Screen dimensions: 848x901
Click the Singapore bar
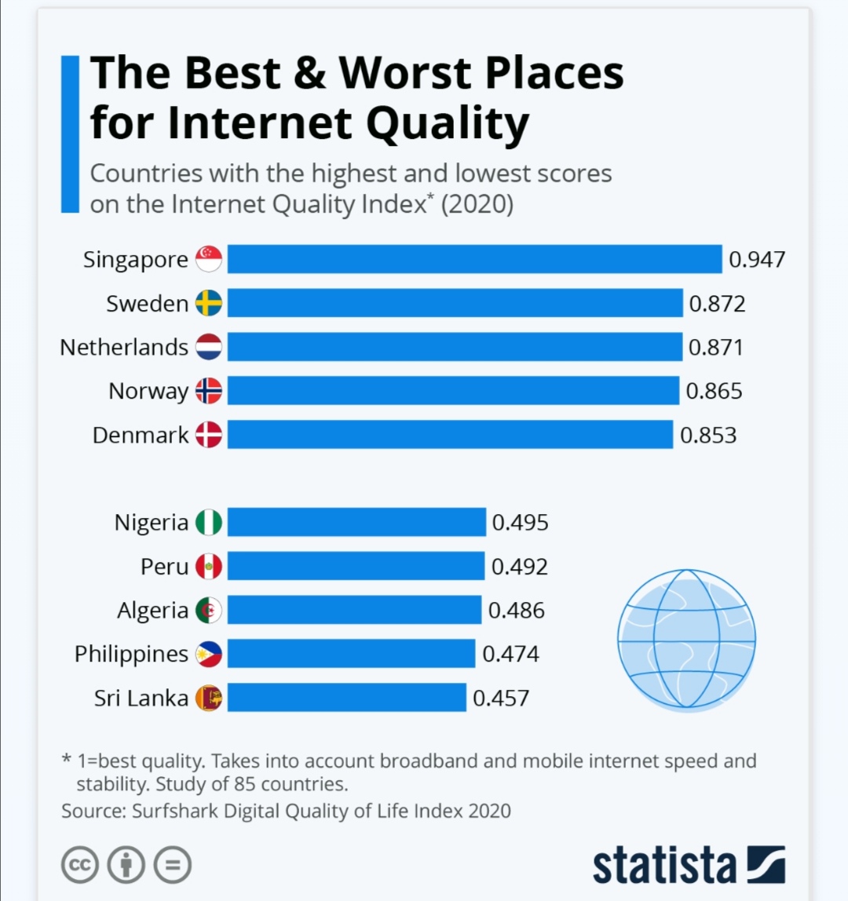pyautogui.click(x=474, y=258)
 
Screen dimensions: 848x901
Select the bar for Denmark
pyautogui.click(x=450, y=435)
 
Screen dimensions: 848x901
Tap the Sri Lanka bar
pyautogui.click(x=347, y=698)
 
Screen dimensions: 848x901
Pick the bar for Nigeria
pyautogui.click(x=356, y=522)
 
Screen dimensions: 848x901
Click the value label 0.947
pyautogui.click(x=757, y=259)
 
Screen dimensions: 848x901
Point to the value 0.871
pyautogui.click(x=716, y=347)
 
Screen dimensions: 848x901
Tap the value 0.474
pyautogui.click(x=510, y=654)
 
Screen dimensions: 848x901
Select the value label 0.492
pyautogui.click(x=520, y=567)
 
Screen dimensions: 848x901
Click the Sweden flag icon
pyautogui.click(x=209, y=303)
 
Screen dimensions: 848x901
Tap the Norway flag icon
pyautogui.click(x=209, y=391)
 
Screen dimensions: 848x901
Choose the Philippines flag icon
pyautogui.click(x=209, y=654)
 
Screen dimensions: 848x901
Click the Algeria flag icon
pyautogui.click(x=209, y=611)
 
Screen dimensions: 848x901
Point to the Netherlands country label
pyautogui.click(x=124, y=347)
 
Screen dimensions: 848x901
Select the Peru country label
pyautogui.click(x=164, y=567)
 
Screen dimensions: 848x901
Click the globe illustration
pyautogui.click(x=686, y=638)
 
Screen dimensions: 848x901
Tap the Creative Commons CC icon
pyautogui.click(x=80, y=864)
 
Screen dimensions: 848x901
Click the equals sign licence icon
pyautogui.click(x=173, y=864)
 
